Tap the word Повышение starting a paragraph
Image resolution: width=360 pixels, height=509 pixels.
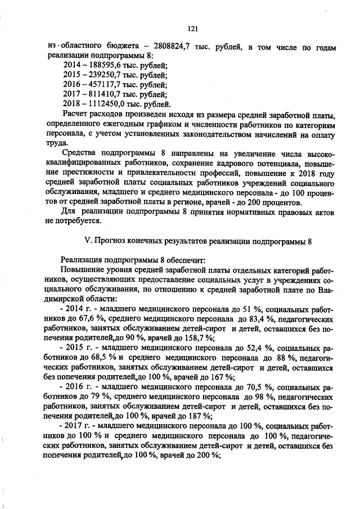click(84, 270)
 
